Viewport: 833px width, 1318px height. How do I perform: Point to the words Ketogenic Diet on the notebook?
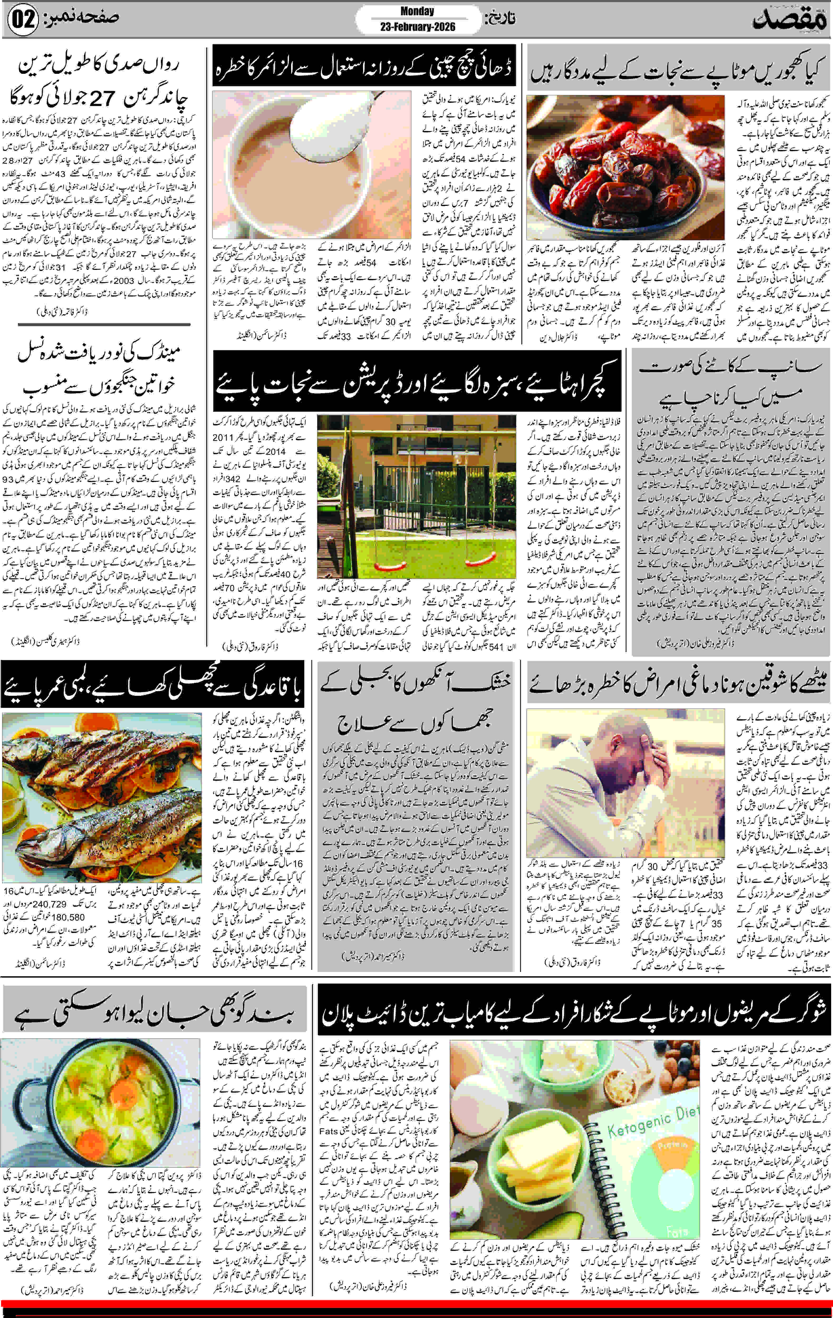coord(652,1122)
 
